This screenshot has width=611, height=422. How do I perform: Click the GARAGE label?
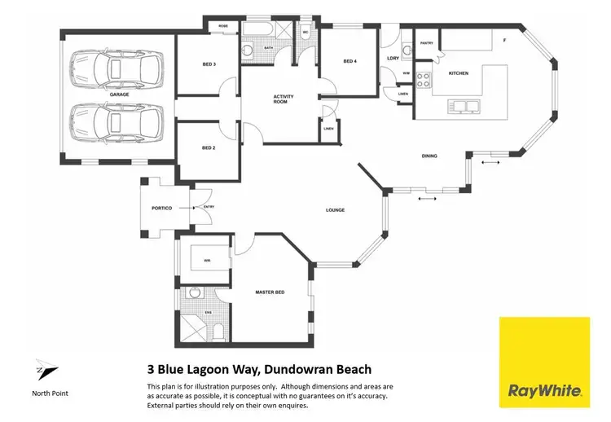[x=119, y=95]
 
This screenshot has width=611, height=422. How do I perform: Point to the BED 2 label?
[x=208, y=147]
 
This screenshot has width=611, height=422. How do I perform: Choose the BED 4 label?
[x=349, y=61]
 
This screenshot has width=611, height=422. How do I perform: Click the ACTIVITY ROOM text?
[x=284, y=100]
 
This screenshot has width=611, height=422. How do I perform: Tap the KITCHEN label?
[x=459, y=74]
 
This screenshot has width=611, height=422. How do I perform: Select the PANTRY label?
[x=425, y=42]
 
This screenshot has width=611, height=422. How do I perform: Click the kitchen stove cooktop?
[x=424, y=80]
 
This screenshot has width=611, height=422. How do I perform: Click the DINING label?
[x=429, y=156]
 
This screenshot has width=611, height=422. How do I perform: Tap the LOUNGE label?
[x=335, y=210]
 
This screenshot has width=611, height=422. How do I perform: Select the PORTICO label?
[x=161, y=208]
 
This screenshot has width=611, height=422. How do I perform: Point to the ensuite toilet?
[x=218, y=331]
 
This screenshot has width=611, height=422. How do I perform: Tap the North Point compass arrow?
[x=46, y=370]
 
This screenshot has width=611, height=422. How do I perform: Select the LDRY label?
[x=393, y=58]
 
